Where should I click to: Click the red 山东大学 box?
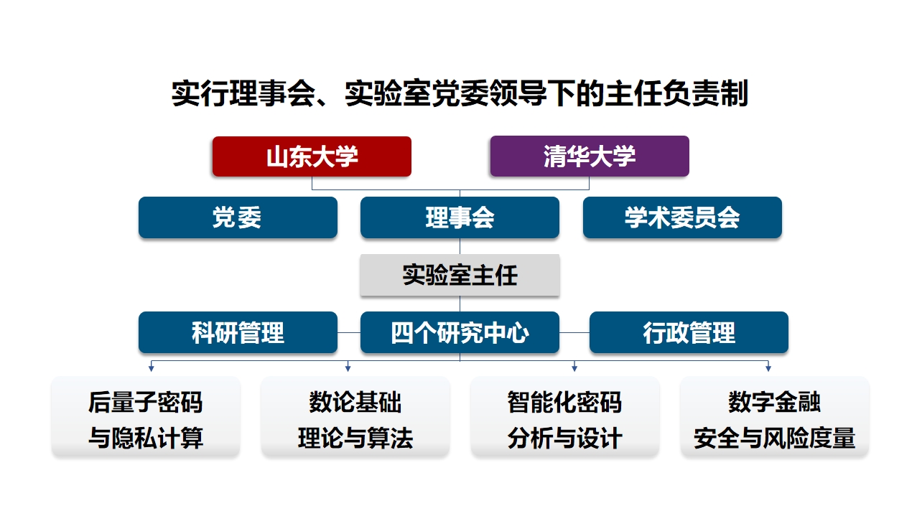[312, 156]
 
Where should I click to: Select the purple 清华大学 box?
[590, 156]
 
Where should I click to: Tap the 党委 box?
[238, 217]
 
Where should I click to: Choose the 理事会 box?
[460, 217]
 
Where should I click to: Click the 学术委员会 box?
[682, 217]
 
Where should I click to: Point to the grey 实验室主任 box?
[460, 275]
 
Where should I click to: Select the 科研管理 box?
[238, 332]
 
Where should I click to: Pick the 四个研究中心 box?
[460, 332]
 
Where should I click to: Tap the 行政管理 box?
[689, 332]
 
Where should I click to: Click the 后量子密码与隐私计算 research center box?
[146, 416]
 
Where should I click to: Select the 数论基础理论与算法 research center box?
[355, 416]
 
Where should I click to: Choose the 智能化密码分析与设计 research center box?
[565, 416]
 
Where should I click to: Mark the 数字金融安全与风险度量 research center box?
[775, 416]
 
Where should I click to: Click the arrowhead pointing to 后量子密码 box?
[152, 369]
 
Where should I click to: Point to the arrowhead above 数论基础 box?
[348, 369]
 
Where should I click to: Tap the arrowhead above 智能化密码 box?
[574, 369]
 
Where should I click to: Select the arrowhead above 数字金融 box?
[768, 369]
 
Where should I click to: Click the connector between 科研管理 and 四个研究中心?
[349, 332]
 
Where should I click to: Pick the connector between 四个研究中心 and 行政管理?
[574, 332]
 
